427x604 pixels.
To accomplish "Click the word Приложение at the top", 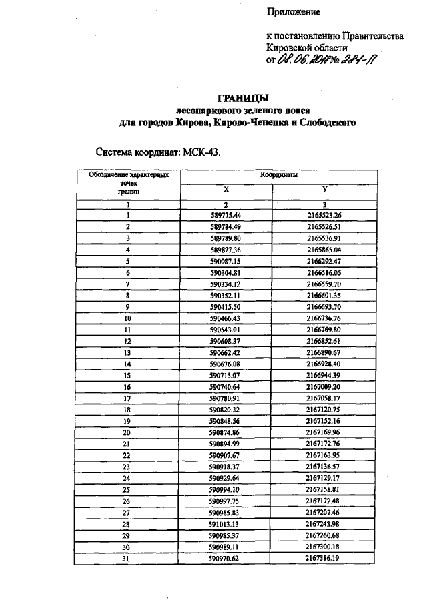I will pyautogui.click(x=294, y=12).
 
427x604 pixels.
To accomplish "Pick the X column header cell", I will pyautogui.click(x=226, y=190).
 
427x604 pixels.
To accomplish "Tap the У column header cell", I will pyautogui.click(x=324, y=190).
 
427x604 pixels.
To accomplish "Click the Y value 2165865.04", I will pyautogui.click(x=324, y=249).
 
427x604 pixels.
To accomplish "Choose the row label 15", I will pyautogui.click(x=127, y=375).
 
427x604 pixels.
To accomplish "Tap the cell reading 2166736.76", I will pyautogui.click(x=324, y=318).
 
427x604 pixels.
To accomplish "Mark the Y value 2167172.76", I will pyautogui.click(x=324, y=444).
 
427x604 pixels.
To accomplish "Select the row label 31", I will pyautogui.click(x=127, y=558).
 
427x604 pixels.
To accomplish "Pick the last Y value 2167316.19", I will pyautogui.click(x=324, y=558).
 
